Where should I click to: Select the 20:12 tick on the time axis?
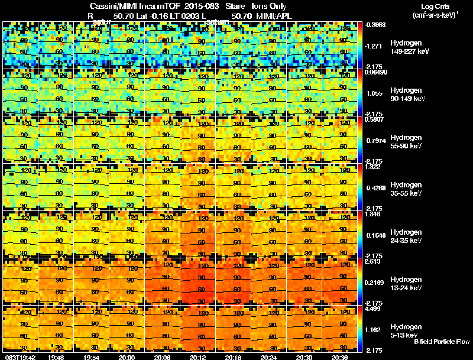click(x=199, y=357)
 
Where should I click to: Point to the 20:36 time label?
click(x=341, y=357)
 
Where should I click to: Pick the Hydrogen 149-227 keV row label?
click(x=405, y=47)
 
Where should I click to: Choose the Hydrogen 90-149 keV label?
click(x=405, y=95)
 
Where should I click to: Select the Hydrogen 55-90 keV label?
click(x=405, y=142)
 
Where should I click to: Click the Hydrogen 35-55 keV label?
click(x=405, y=189)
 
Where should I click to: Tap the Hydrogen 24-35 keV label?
click(x=405, y=236)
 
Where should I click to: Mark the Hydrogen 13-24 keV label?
click(x=405, y=284)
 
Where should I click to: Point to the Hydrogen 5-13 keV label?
click(x=405, y=330)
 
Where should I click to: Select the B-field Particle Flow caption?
click(x=441, y=342)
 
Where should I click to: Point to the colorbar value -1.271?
click(x=375, y=46)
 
